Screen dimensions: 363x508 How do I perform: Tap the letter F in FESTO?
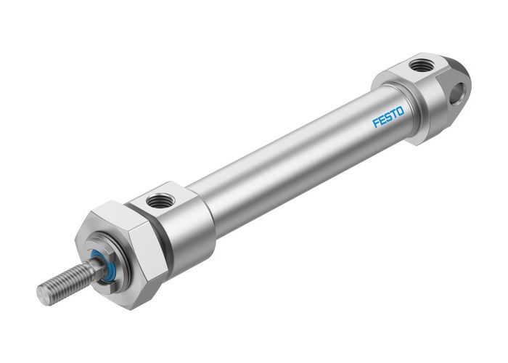click(376, 123)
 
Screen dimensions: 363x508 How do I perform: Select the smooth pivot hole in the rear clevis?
click(457, 92)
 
